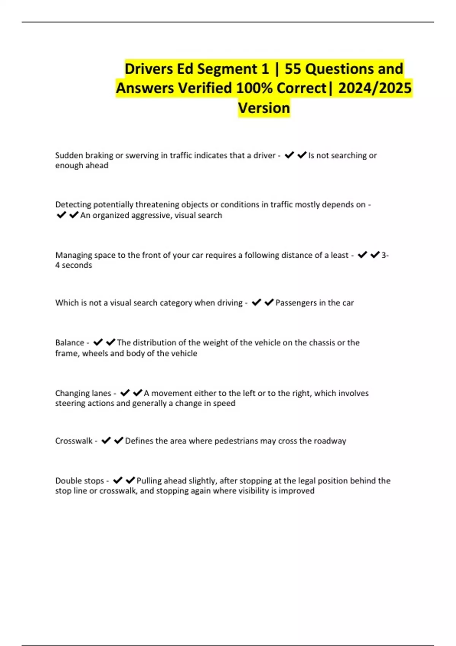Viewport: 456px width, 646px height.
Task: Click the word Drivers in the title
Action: tap(149, 69)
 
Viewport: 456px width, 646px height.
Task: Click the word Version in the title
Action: tap(264, 108)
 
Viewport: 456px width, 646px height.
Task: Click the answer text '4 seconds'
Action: tap(73, 265)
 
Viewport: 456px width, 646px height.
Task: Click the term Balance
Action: tap(70, 343)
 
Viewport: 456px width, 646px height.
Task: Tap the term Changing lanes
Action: tap(83, 393)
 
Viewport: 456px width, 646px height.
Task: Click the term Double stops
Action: tap(79, 481)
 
